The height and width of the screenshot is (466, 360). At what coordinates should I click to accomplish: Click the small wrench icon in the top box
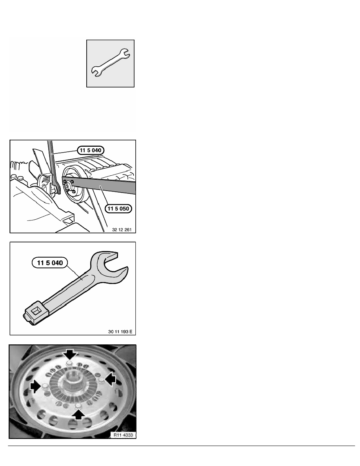110,63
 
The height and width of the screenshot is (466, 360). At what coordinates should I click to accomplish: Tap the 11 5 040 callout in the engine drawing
91,150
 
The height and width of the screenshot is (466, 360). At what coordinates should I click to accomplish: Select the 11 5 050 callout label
118,209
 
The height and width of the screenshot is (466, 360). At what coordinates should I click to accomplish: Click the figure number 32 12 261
122,229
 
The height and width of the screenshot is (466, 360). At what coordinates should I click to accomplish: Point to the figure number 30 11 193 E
120,331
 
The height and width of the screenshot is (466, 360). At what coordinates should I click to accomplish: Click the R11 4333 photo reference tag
123,435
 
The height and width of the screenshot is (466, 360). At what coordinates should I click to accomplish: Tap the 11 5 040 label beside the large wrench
50,263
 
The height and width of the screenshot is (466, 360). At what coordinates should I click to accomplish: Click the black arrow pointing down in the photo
71,354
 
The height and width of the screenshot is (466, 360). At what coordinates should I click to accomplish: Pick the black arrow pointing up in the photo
78,414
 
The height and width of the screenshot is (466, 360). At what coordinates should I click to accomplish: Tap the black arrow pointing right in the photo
35,386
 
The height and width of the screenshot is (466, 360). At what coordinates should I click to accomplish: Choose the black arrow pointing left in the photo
111,380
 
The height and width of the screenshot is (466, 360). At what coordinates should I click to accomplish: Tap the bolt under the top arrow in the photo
69,363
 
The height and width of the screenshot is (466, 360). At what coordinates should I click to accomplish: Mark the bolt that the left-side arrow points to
45,386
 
